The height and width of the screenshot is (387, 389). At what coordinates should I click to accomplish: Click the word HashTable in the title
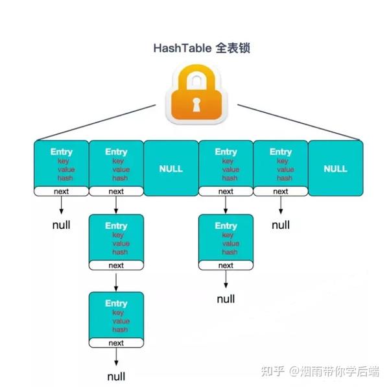178,48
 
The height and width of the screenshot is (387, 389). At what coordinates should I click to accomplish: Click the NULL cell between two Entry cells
171,169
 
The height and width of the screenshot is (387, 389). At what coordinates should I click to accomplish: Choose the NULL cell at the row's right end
335,169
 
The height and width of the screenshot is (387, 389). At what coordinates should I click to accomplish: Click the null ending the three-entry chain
116,376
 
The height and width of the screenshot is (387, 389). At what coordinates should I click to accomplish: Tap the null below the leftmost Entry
62,226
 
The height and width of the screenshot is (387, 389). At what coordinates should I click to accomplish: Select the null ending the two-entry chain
226,299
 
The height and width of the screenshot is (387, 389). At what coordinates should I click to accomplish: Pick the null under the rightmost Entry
281,226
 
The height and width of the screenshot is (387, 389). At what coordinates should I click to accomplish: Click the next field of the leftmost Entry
62,191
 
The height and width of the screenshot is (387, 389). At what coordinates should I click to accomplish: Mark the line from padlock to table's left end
97,121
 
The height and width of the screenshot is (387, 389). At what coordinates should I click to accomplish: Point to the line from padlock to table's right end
298,121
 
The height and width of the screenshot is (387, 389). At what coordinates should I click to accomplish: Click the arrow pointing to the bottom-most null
116,357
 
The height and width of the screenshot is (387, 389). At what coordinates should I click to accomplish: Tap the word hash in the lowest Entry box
120,329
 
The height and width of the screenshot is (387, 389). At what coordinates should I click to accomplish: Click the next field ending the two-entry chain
226,265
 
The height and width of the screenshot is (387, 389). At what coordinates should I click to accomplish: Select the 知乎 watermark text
272,371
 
